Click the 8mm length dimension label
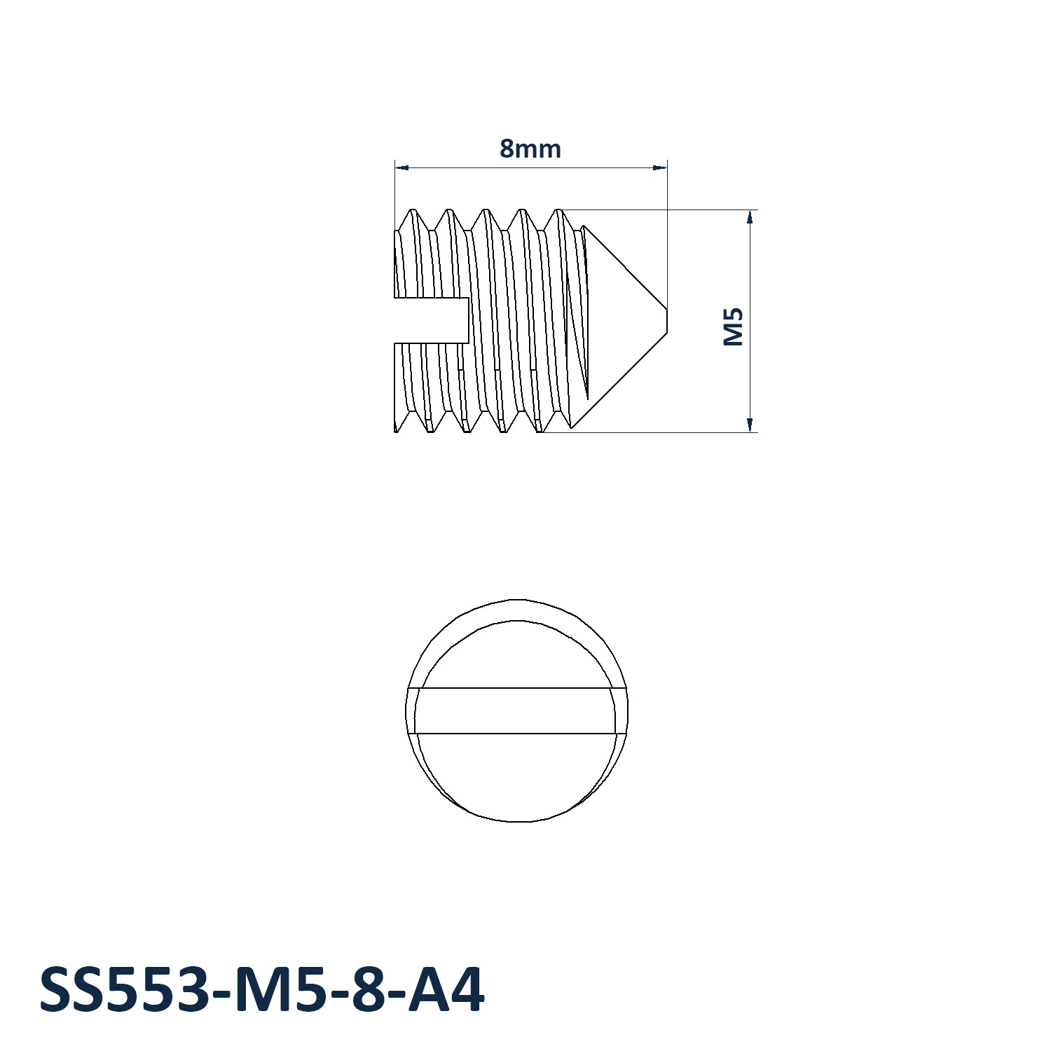point(530,149)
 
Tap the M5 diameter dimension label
point(733,327)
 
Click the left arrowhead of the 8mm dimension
point(401,167)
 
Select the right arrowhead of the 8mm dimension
point(660,167)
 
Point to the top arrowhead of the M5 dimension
point(750,217)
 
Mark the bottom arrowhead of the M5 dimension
point(750,425)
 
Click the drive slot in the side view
point(431,320)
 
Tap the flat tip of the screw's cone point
point(667,320)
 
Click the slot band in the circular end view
point(517,710)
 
